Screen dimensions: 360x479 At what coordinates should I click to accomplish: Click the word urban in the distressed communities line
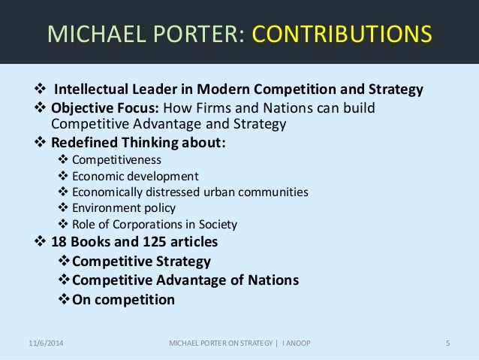[221, 192]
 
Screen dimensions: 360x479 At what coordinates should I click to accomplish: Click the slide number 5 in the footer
[447, 344]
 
